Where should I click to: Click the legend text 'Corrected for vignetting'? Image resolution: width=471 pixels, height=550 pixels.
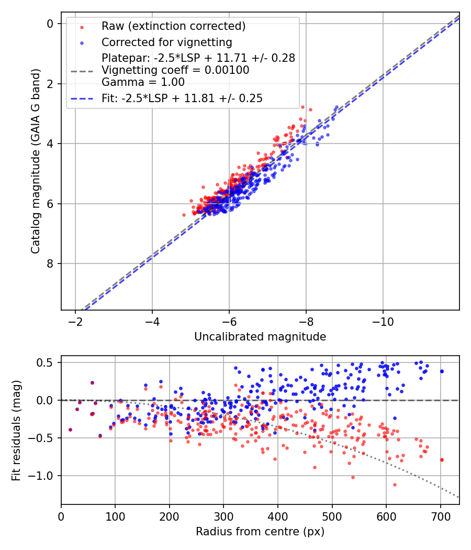coord(166,42)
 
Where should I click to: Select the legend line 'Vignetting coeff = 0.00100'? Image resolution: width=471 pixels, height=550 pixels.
coord(175,70)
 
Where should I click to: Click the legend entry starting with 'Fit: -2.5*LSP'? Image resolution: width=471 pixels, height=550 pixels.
coord(182,98)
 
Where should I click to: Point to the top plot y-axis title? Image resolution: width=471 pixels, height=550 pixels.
coord(35,161)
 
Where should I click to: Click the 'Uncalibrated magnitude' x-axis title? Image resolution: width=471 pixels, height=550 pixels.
coord(260,337)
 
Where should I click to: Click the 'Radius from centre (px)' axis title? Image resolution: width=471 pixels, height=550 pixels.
coord(260,532)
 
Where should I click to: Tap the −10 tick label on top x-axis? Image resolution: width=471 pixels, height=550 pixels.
coord(383,320)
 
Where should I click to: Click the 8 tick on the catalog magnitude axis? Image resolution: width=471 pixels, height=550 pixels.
coord(50,263)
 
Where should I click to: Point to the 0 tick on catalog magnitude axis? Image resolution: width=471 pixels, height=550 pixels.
coord(50,24)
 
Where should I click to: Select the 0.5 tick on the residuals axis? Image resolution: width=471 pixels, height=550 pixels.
coord(47,362)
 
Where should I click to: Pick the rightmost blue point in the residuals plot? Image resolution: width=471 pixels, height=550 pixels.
coord(442,371)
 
